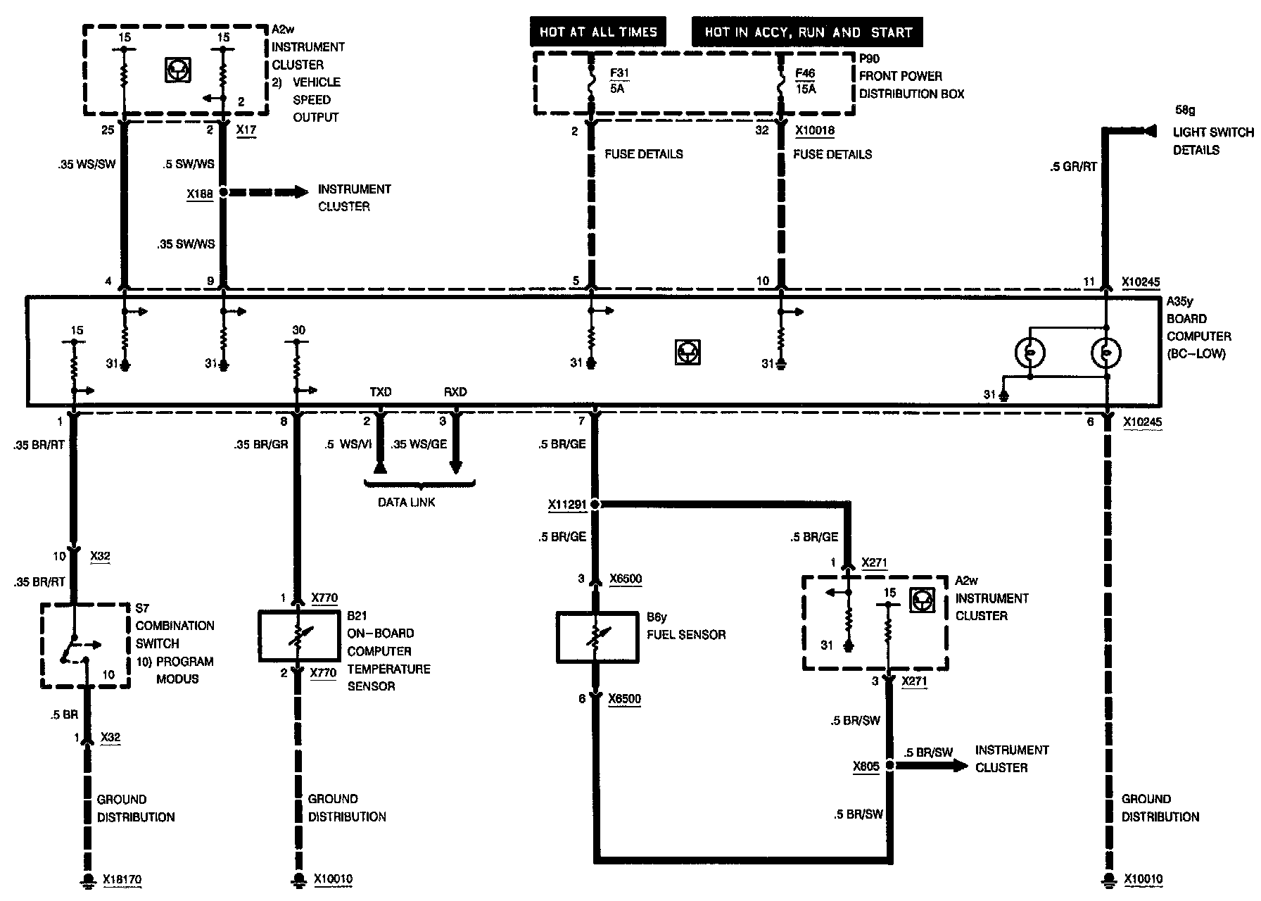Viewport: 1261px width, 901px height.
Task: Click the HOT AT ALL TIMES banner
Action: (x=598, y=32)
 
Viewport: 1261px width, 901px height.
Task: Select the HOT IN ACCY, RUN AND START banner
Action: (x=808, y=32)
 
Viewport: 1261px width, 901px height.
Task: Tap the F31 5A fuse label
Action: (x=617, y=80)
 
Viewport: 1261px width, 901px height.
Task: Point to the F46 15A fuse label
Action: (x=806, y=81)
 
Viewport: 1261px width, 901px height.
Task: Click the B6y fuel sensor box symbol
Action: (x=597, y=637)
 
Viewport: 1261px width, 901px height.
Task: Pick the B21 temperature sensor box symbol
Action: (x=300, y=636)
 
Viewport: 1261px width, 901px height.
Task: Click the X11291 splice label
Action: (x=567, y=505)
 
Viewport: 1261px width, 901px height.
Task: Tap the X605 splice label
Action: (x=866, y=766)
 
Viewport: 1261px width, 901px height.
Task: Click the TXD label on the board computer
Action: (x=381, y=392)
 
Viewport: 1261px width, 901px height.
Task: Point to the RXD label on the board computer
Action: (x=455, y=392)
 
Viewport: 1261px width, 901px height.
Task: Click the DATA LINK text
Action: (x=407, y=503)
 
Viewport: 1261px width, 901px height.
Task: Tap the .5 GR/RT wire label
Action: (x=1073, y=167)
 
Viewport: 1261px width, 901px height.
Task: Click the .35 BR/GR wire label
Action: (x=261, y=444)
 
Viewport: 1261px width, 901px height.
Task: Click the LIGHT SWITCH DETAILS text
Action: (x=1212, y=141)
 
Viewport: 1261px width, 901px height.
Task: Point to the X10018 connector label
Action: (x=815, y=130)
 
